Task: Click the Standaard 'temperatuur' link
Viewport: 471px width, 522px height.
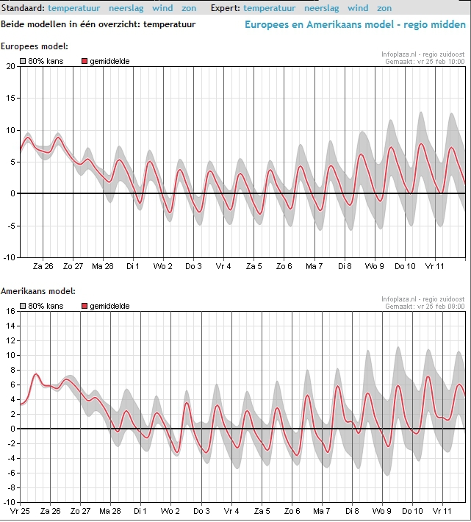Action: (x=73, y=8)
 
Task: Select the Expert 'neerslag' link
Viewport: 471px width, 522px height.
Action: (x=321, y=8)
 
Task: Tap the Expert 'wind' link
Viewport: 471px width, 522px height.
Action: (x=358, y=8)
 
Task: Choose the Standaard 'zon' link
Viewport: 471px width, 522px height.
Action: (x=189, y=8)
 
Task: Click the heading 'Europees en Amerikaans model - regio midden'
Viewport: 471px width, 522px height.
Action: (x=355, y=24)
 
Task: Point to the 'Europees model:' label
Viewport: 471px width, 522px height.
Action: (x=35, y=46)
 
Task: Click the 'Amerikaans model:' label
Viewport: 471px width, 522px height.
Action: (x=38, y=291)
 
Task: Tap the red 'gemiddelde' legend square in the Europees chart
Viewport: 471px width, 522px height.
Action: (x=85, y=61)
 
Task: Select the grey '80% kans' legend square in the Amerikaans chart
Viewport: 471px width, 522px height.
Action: (x=23, y=306)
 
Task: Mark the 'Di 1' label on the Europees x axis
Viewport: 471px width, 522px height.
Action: (x=133, y=266)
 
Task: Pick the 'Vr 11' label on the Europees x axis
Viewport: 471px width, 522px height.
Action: (x=434, y=266)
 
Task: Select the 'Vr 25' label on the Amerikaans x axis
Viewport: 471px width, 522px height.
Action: (x=20, y=511)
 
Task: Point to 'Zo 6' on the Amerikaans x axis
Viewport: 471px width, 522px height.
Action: (x=292, y=511)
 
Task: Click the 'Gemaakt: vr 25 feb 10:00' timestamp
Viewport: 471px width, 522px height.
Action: (x=425, y=62)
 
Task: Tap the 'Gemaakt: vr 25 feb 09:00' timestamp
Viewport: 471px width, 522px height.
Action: (x=425, y=307)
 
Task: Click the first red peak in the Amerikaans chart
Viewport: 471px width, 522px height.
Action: (x=36, y=374)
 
